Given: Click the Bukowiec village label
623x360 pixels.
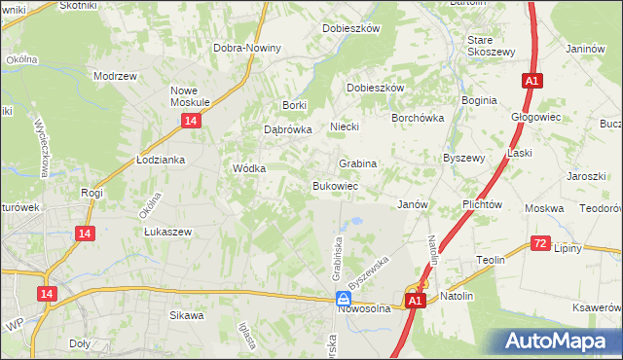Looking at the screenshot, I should [336, 185].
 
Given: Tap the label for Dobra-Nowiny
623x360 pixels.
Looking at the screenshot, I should [248, 48].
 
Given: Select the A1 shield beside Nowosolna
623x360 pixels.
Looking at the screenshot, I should [416, 302].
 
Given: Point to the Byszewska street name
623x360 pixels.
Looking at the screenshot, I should [369, 268].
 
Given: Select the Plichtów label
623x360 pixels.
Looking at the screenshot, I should [483, 204].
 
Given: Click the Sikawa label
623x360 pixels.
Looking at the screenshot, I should [187, 315].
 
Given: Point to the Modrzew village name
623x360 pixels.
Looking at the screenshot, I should [112, 75].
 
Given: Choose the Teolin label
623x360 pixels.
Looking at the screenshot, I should [490, 260].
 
